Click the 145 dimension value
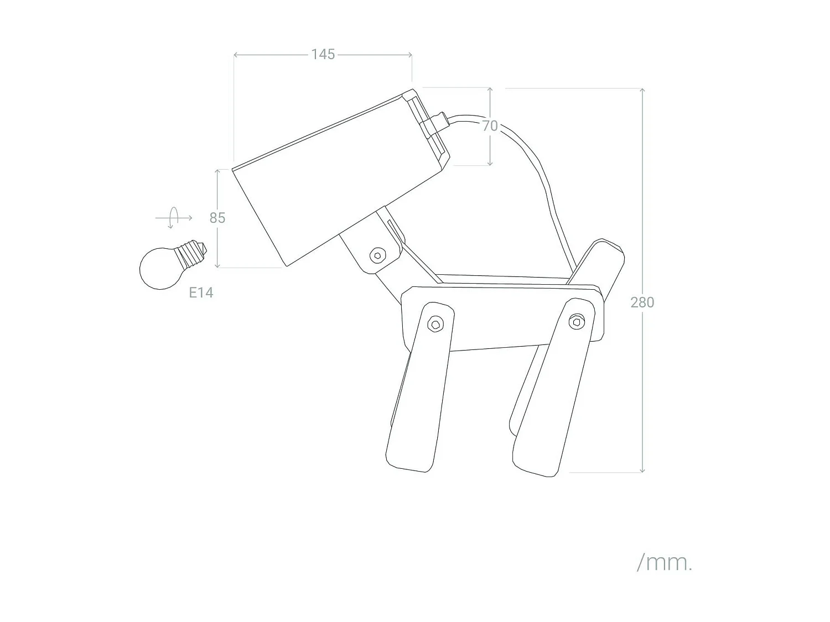point(323,54)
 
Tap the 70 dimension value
point(490,126)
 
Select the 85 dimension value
point(217,218)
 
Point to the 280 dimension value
point(642,302)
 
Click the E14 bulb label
point(201,292)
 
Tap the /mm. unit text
point(664,563)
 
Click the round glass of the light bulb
point(158,268)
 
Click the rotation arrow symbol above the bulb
point(174,218)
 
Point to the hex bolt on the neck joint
point(377,255)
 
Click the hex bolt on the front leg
point(436,324)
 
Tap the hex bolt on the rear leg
point(577,321)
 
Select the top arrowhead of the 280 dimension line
point(642,90)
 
